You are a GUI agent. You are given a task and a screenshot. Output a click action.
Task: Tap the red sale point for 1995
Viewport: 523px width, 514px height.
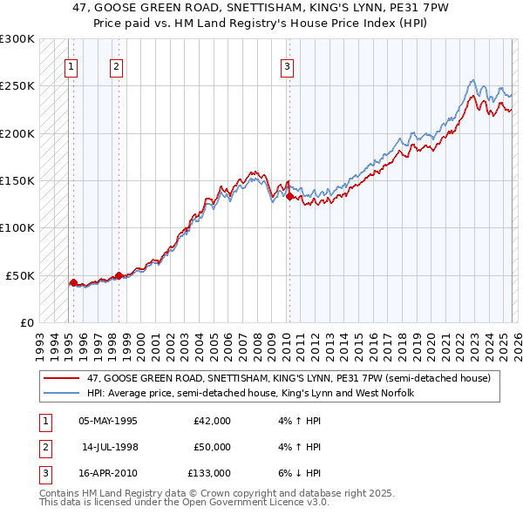(x=73, y=282)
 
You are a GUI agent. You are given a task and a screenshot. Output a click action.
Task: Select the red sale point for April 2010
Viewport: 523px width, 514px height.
(x=289, y=197)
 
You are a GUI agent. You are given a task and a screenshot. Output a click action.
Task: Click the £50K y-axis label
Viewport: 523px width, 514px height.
(x=20, y=274)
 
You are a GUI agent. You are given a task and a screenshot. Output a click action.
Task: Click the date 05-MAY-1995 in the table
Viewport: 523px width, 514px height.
(x=107, y=420)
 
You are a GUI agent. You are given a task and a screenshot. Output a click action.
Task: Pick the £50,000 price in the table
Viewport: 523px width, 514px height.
(x=212, y=447)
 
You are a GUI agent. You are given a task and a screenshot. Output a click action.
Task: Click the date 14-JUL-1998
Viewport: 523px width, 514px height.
(x=109, y=447)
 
